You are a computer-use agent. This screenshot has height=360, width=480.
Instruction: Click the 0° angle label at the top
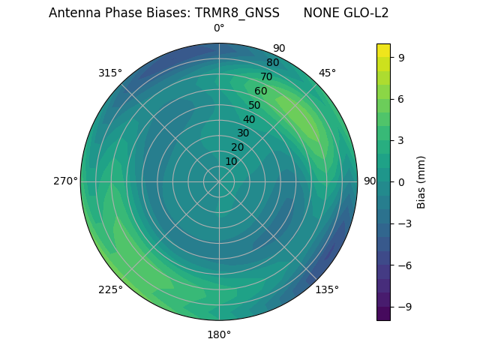pyautogui.click(x=219, y=28)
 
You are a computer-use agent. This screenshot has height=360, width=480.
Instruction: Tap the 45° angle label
pyautogui.click(x=327, y=73)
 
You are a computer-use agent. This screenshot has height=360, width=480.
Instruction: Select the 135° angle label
pyautogui.click(x=327, y=289)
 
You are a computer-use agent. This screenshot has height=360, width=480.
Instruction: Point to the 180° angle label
pyautogui.click(x=219, y=334)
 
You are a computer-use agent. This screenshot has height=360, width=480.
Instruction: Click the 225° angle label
pyautogui.click(x=110, y=290)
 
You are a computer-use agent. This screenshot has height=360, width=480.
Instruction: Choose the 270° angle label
pyautogui.click(x=65, y=181)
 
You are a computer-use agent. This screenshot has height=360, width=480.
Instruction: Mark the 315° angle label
pyautogui.click(x=110, y=73)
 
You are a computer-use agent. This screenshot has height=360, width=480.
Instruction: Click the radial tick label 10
pyautogui.click(x=231, y=161)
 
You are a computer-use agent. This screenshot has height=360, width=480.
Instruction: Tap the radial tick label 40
pyautogui.click(x=249, y=119)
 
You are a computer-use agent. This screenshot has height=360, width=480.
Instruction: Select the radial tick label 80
pyautogui.click(x=272, y=63)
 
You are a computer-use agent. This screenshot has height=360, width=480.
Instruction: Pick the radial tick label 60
pyautogui.click(x=261, y=91)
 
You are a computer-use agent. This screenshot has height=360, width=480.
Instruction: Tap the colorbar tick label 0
pyautogui.click(x=402, y=181)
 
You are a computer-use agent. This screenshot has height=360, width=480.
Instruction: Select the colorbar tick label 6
pyautogui.click(x=402, y=98)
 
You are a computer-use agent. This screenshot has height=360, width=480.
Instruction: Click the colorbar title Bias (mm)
pyautogui.click(x=421, y=181)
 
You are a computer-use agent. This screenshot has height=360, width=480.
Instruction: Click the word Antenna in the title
pyautogui.click(x=72, y=13)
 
